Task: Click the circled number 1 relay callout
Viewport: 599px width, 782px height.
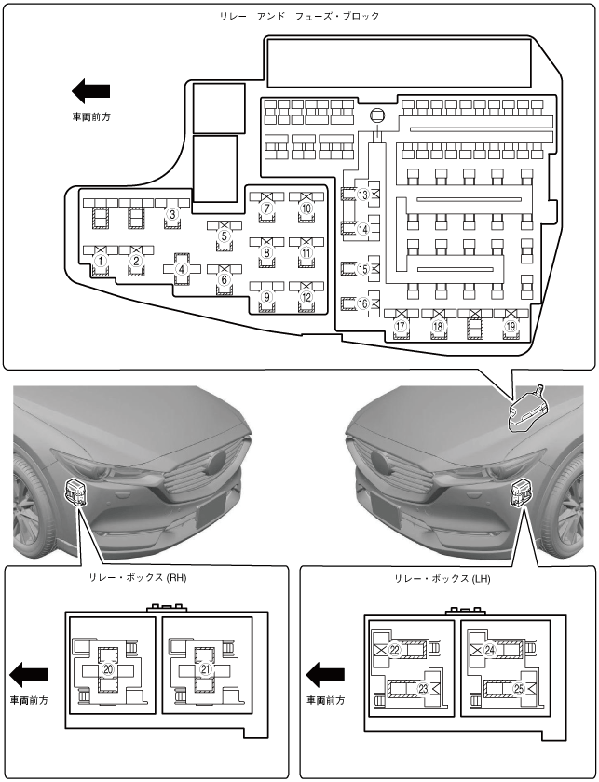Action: click(99, 262)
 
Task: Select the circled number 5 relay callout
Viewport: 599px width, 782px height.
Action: click(224, 236)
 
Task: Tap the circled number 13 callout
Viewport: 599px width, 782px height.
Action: click(363, 195)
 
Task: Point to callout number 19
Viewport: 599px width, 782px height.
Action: click(511, 327)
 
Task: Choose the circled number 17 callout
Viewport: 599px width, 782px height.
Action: click(401, 327)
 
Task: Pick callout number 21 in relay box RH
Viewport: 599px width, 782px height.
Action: click(206, 668)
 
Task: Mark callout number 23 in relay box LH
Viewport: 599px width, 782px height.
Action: click(422, 690)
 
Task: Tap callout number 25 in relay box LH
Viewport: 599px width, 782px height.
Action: click(519, 690)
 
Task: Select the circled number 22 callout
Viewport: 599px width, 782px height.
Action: click(394, 650)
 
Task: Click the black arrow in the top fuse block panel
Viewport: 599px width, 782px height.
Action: click(90, 91)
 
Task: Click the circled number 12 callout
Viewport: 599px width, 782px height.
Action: click(306, 297)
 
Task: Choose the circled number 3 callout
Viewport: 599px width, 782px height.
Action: click(171, 214)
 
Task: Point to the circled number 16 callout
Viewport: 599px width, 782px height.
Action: click(363, 303)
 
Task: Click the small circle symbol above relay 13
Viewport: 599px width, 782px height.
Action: click(377, 116)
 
